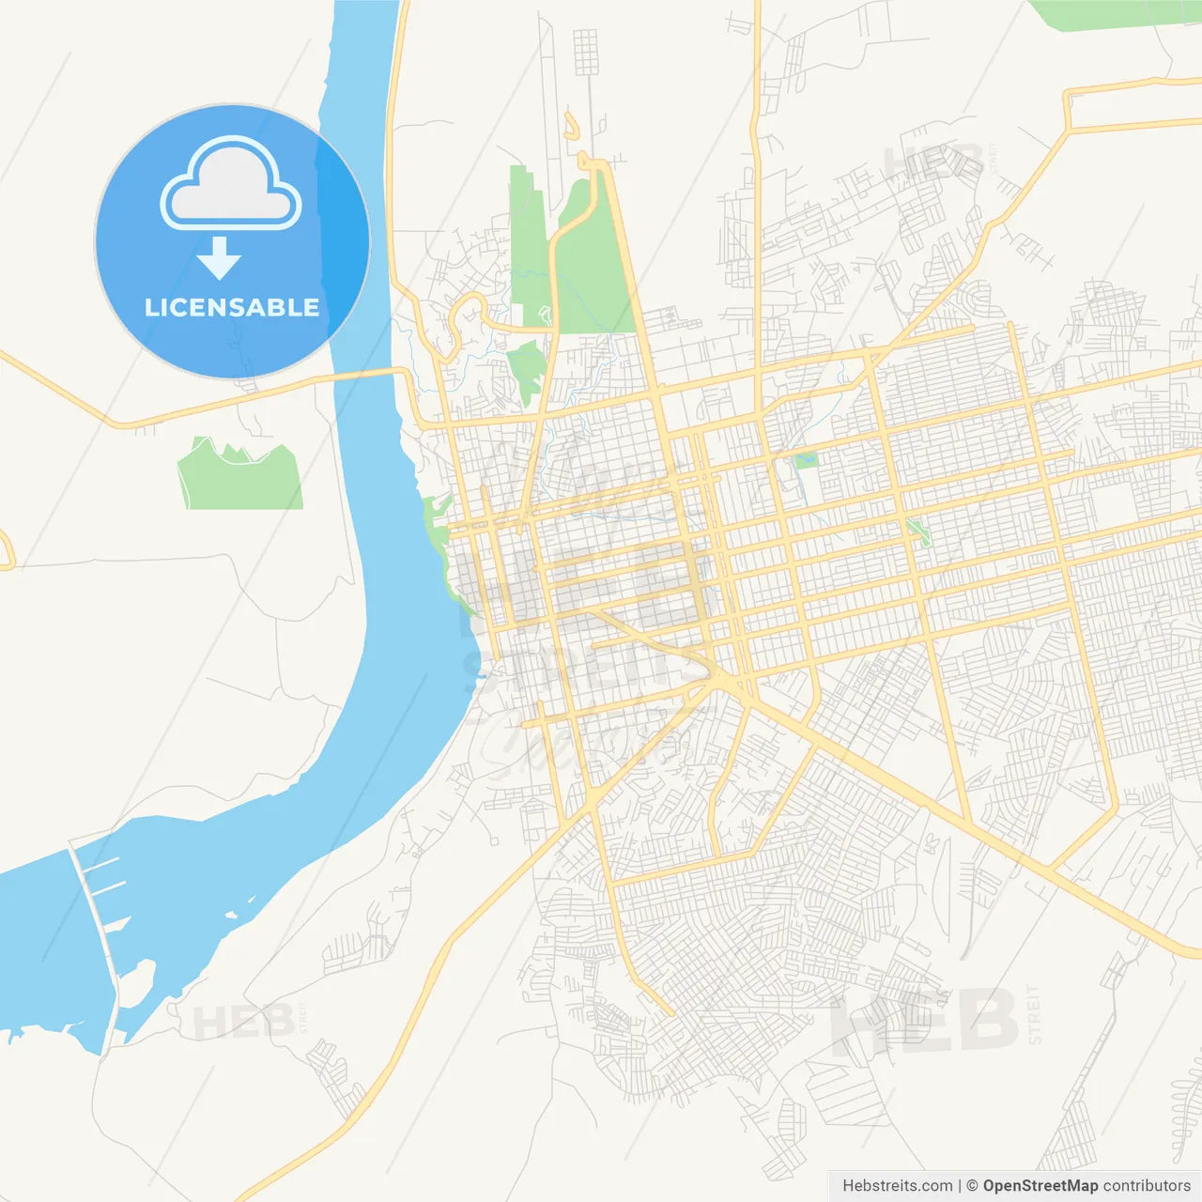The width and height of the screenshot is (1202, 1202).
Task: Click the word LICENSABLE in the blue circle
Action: [232, 307]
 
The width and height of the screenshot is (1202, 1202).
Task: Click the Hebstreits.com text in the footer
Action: [897, 1186]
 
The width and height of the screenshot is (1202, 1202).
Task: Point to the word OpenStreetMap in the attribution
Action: [1040, 1186]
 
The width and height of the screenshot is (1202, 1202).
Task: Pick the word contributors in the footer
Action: [1147, 1186]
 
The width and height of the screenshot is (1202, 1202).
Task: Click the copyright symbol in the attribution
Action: [972, 1186]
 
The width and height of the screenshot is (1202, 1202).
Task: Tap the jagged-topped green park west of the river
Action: [241, 477]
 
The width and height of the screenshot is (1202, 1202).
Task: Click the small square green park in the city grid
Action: [806, 460]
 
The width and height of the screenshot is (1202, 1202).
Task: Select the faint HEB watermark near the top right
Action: [934, 162]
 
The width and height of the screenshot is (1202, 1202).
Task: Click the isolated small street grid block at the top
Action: [585, 52]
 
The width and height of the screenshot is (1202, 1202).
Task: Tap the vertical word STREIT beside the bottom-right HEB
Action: [1034, 1015]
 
